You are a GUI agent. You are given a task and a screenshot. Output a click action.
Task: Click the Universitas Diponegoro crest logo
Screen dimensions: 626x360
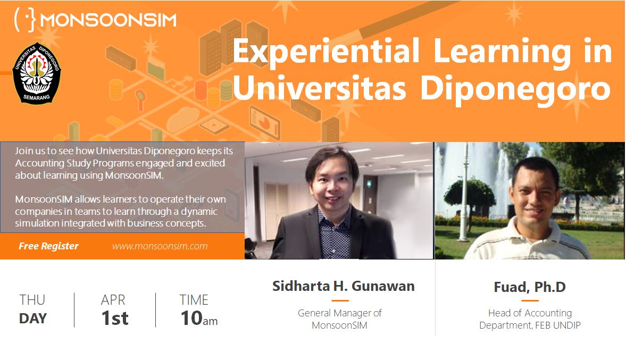coord(37,73)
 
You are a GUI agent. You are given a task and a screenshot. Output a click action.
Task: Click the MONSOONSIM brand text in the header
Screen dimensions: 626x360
coord(108,20)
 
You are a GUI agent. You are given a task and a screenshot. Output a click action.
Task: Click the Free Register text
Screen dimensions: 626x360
coord(48,246)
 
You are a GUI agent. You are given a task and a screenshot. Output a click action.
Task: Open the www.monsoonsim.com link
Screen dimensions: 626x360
coord(160,246)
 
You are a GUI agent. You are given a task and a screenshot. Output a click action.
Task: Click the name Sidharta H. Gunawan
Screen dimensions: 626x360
coord(344,286)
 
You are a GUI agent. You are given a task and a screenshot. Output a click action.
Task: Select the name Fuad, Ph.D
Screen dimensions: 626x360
coord(530,287)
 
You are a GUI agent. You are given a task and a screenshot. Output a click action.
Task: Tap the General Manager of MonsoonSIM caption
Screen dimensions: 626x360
coord(340,319)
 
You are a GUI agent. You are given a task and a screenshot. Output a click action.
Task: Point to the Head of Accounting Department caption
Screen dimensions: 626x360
coord(530,319)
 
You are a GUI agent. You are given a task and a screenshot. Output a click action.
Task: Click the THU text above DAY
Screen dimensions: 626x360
coord(32,300)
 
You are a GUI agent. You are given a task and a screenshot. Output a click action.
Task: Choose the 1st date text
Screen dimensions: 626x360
coord(115,319)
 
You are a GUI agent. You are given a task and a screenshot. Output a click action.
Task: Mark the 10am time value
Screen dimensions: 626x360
coord(199,319)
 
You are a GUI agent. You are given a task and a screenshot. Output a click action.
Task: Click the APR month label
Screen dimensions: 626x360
coord(113,300)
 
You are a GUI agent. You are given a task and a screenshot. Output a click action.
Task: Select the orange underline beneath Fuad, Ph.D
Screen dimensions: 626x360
coord(530,300)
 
